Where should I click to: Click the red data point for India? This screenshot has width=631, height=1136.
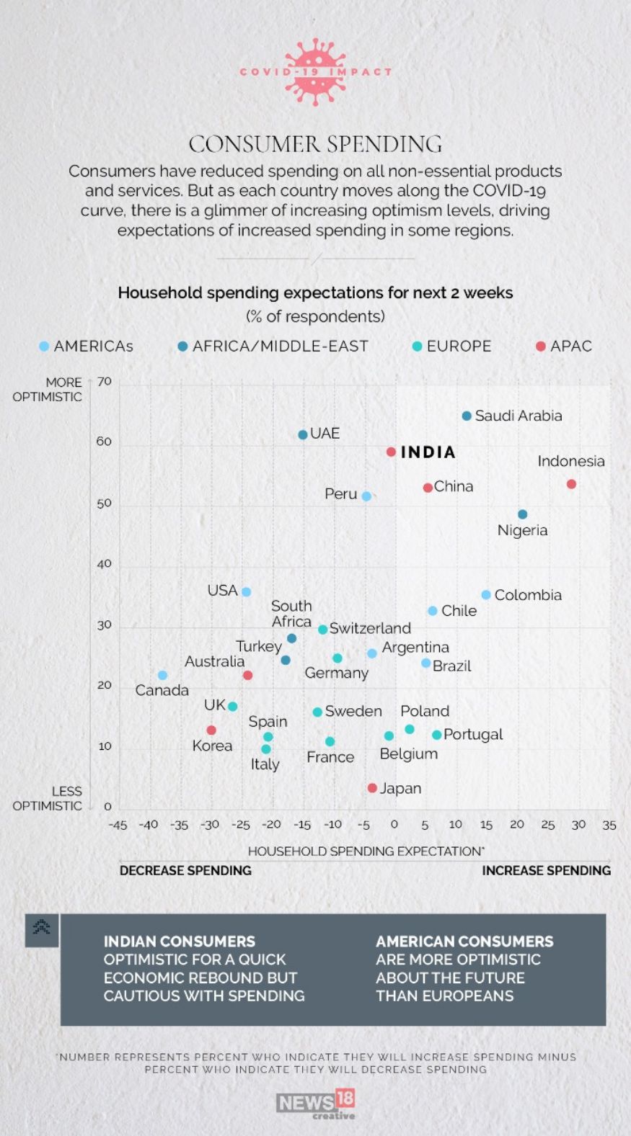[391, 452]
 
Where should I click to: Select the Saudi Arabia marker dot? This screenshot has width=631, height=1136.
[467, 416]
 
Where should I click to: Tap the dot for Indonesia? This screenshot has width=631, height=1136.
[571, 484]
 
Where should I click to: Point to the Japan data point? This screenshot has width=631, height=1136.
[372, 788]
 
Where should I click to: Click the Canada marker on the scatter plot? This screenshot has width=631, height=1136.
[162, 675]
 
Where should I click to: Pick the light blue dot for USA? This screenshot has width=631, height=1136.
[246, 592]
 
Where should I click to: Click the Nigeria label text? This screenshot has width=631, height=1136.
[522, 531]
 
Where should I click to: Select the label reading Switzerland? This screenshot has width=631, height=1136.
[370, 628]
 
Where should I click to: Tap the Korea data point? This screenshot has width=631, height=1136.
[211, 730]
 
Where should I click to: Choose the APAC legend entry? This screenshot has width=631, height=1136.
[564, 346]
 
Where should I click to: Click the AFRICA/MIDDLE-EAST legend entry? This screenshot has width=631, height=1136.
[273, 346]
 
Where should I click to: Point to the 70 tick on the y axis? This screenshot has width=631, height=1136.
[105, 382]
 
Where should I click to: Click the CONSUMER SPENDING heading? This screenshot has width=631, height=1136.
[315, 144]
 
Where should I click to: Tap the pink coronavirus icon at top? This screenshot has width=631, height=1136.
[315, 72]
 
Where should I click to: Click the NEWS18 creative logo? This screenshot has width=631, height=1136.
[316, 1104]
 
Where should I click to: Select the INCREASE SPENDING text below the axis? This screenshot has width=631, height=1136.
[546, 871]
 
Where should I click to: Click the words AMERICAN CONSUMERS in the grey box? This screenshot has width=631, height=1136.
[464, 942]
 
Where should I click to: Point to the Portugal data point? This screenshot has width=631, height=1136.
[436, 735]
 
